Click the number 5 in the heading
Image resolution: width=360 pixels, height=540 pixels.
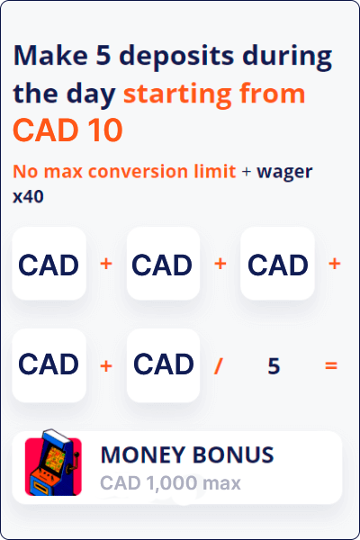103,55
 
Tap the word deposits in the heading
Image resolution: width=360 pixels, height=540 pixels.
176,57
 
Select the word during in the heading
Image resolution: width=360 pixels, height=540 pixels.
287,57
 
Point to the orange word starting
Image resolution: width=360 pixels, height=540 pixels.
177,94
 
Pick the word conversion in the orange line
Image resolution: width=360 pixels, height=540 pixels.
138,171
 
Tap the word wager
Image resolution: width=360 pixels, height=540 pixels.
284,172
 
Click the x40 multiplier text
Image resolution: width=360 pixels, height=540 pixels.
28,196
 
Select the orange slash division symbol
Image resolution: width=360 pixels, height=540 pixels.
218,365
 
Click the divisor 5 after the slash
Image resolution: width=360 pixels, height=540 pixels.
274,365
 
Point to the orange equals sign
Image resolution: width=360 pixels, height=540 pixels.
331,365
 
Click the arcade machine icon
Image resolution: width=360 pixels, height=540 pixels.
53,463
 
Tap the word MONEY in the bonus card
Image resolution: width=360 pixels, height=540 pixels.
143,454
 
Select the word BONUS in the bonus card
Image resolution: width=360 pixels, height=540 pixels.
233,454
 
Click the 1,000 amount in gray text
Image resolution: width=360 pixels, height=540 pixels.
171,482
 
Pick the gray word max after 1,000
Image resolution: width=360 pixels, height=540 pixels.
221,483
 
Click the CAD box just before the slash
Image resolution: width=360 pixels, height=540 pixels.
163,365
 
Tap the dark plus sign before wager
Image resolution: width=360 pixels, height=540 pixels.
247,172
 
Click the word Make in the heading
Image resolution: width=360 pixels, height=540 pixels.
50,55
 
